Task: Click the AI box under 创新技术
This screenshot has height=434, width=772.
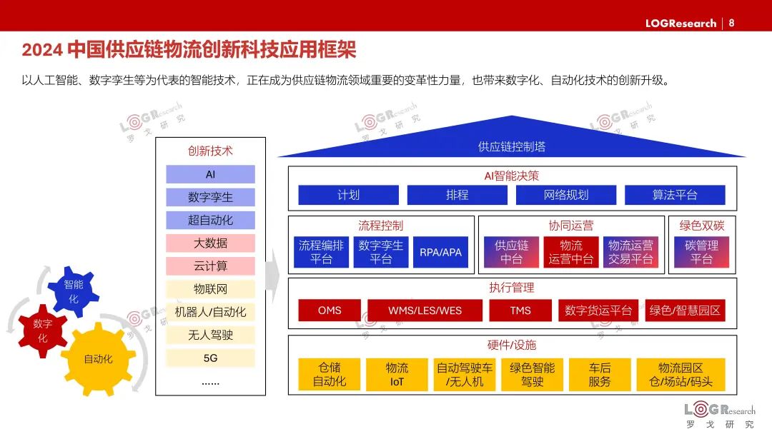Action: (x=210, y=175)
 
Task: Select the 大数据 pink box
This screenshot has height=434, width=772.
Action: (x=210, y=243)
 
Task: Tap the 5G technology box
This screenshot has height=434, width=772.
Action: (x=210, y=358)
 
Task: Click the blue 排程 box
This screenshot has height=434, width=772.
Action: (x=457, y=195)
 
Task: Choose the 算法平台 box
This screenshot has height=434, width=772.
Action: (x=674, y=195)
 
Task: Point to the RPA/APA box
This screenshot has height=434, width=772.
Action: (x=440, y=252)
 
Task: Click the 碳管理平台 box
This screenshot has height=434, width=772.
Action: (x=701, y=252)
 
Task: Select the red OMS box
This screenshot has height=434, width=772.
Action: (x=330, y=311)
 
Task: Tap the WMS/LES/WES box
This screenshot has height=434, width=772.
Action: (x=425, y=311)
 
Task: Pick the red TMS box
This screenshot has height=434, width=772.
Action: (x=520, y=311)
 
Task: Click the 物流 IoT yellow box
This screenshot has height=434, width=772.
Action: (x=397, y=375)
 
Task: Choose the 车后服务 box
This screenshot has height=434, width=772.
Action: (x=599, y=375)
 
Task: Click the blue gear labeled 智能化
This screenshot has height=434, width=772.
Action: (x=74, y=291)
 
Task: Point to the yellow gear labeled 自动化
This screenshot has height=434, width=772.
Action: (x=98, y=359)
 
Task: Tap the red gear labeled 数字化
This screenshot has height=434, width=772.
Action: (x=42, y=330)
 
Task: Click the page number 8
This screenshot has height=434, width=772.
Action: (x=731, y=23)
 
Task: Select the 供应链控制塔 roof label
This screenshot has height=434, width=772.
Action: (x=511, y=146)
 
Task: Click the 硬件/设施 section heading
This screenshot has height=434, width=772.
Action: (x=512, y=345)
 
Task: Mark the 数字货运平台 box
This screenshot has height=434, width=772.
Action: (x=598, y=311)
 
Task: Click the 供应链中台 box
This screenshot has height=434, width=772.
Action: (x=511, y=252)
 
